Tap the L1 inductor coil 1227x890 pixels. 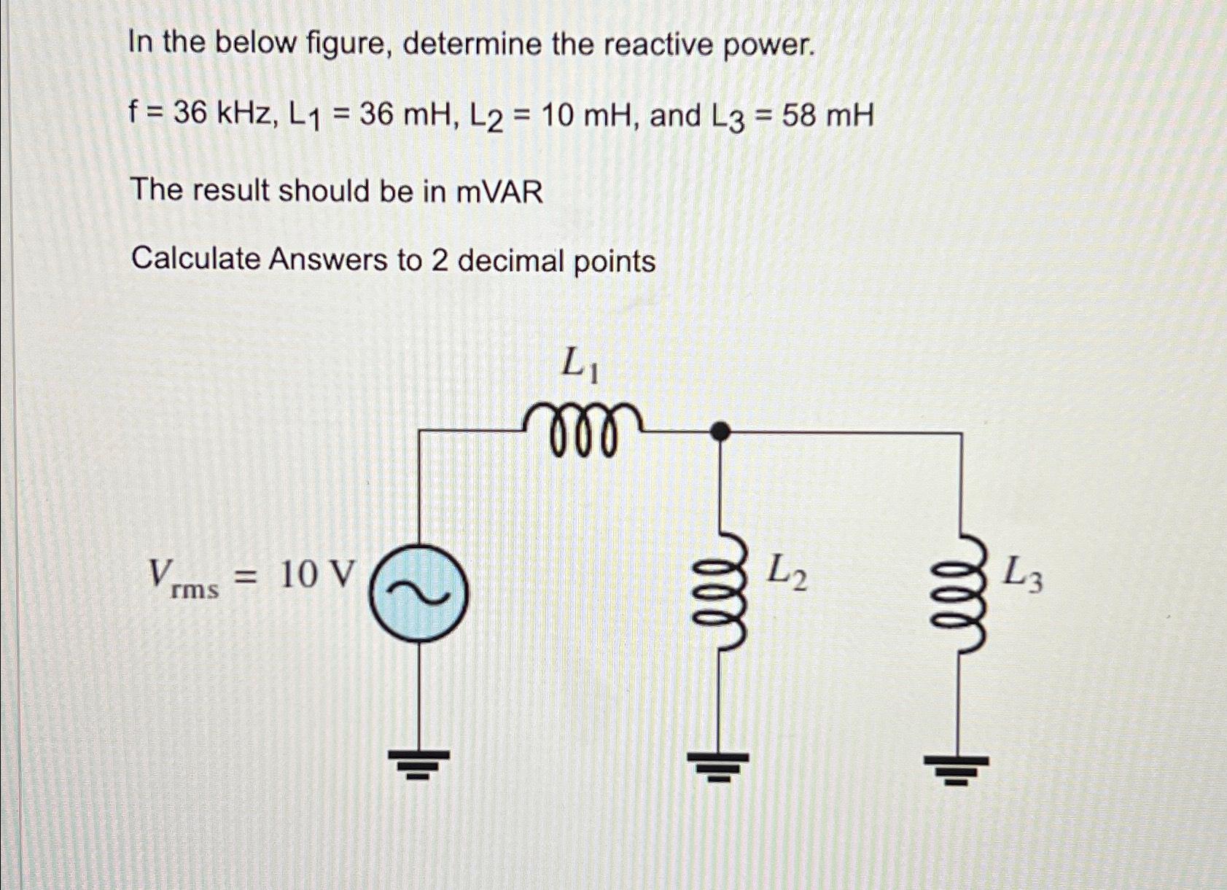tap(583, 429)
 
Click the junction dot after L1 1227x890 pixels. tap(720, 432)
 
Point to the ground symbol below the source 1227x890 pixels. tap(418, 764)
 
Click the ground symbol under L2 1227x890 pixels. tap(720, 765)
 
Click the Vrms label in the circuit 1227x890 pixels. tap(183, 578)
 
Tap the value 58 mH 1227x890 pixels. tap(827, 116)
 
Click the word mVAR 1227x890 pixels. tap(499, 192)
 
